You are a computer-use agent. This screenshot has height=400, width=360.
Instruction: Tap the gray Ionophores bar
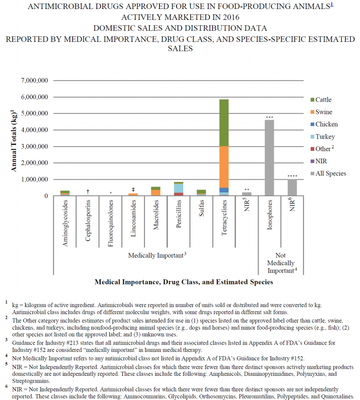click(x=269, y=158)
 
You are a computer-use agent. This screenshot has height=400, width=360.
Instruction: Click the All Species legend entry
click(x=327, y=173)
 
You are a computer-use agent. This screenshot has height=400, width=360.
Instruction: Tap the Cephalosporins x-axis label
click(x=88, y=222)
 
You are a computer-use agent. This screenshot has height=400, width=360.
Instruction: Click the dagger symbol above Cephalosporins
click(x=88, y=191)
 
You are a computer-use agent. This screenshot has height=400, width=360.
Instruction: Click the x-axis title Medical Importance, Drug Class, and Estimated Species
click(x=183, y=282)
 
